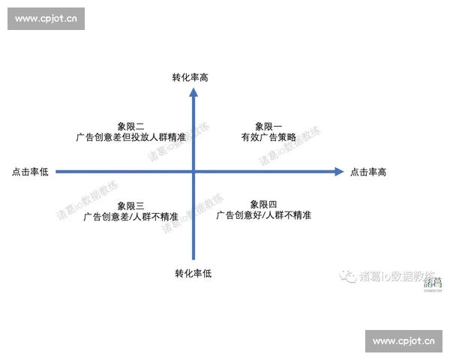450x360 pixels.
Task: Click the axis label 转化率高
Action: point(193,76)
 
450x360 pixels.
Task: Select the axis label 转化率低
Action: point(193,273)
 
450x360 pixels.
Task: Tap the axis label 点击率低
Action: point(30,172)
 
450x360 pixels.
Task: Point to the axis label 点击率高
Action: point(368,172)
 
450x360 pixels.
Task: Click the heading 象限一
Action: point(268,127)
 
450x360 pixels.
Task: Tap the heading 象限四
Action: point(264,204)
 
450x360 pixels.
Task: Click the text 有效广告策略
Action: point(268,138)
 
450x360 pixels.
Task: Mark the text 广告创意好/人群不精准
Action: point(264,215)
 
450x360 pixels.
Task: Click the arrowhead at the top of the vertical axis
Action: point(193,93)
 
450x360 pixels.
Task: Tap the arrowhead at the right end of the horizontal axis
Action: point(338,172)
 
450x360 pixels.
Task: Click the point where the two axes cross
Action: point(193,172)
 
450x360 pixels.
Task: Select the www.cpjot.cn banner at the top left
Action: point(46,19)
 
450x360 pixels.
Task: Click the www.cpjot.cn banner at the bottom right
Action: point(403,341)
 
